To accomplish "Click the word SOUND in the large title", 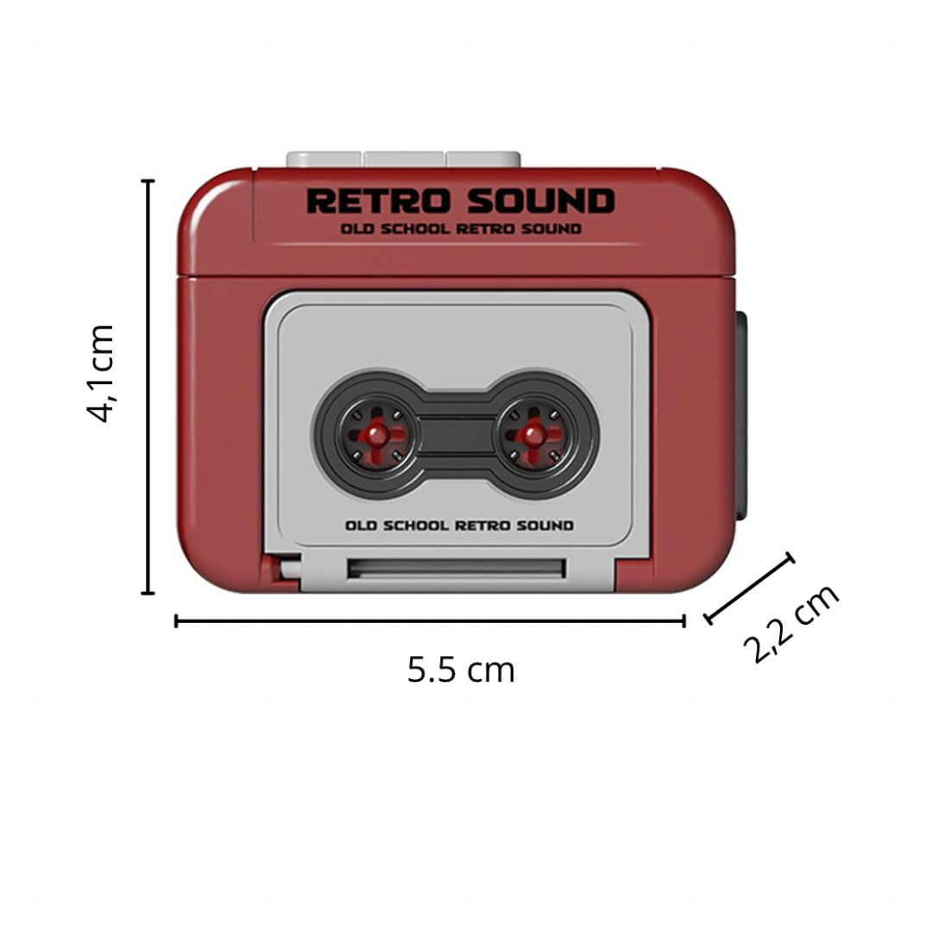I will [x=541, y=201].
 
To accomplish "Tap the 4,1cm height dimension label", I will [x=102, y=374].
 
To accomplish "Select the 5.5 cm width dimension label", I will [x=461, y=670].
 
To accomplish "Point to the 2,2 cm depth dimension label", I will [x=791, y=622].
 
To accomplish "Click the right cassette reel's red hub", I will [x=533, y=430].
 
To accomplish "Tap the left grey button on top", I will [x=324, y=159].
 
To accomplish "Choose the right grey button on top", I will [x=483, y=159].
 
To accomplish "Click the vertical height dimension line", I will [x=148, y=387].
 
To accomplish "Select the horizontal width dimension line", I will [x=430, y=620].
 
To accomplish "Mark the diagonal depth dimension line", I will [x=749, y=589].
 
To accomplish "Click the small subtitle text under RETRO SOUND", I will [x=460, y=229].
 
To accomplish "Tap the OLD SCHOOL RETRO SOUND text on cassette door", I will [x=459, y=526].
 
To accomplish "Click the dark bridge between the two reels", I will [x=452, y=431].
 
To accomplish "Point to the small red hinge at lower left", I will [x=281, y=570].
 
